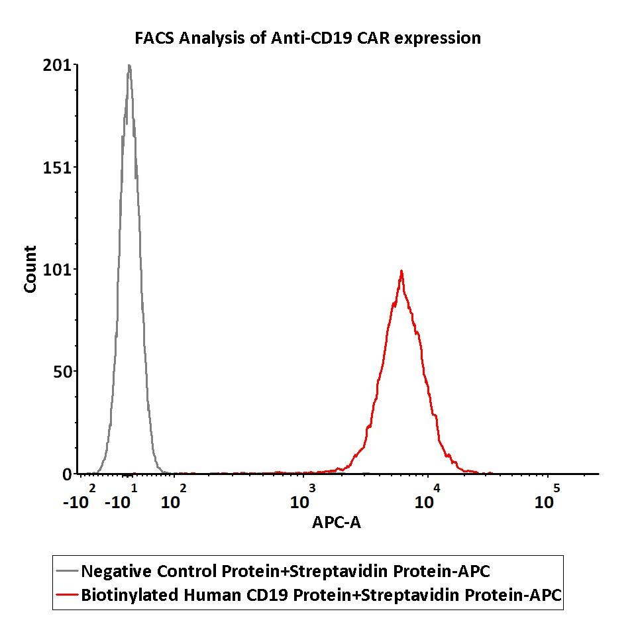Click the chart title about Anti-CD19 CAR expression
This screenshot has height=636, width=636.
pos(307,38)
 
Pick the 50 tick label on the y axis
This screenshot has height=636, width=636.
pos(62,372)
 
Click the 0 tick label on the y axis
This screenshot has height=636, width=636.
pos(67,474)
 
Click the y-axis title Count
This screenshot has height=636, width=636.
pos(30,269)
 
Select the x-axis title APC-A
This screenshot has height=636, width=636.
pos(337,523)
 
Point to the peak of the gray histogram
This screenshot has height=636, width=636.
pos(129,66)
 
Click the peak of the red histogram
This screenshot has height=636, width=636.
pos(401,271)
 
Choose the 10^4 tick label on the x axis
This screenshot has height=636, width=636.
pos(427,498)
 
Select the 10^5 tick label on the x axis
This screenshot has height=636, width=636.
pos(547,498)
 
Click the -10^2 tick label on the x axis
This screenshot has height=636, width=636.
pos(79,498)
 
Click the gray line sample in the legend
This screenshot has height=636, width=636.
pos(67,571)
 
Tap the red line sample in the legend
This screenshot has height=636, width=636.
pos(67,595)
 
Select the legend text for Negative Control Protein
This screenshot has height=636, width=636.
pos(286,571)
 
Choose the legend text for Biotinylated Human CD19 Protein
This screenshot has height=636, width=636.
pos(321,595)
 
